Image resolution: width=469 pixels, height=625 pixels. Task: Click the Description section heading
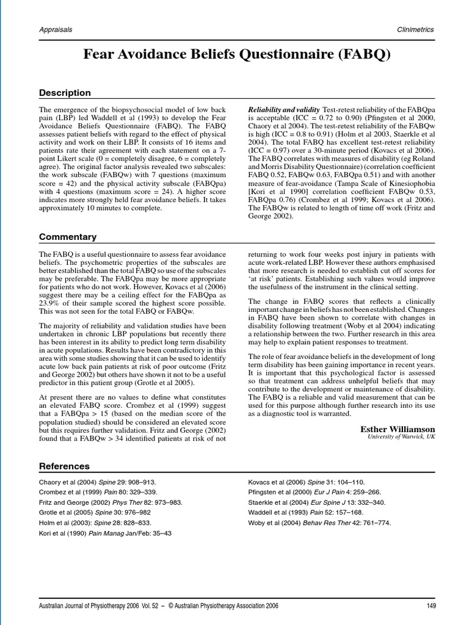click(x=65, y=93)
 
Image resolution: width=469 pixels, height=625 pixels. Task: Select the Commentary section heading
click(x=68, y=237)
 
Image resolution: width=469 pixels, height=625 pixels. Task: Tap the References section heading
click(x=64, y=466)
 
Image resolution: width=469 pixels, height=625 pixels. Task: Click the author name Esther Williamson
click(x=398, y=429)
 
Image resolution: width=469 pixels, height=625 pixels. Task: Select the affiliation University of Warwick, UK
click(x=401, y=438)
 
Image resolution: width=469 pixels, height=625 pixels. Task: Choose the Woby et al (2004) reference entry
click(x=319, y=522)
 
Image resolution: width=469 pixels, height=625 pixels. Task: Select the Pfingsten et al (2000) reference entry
click(x=313, y=493)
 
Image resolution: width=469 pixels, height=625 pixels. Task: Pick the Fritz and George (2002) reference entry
click(x=111, y=502)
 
